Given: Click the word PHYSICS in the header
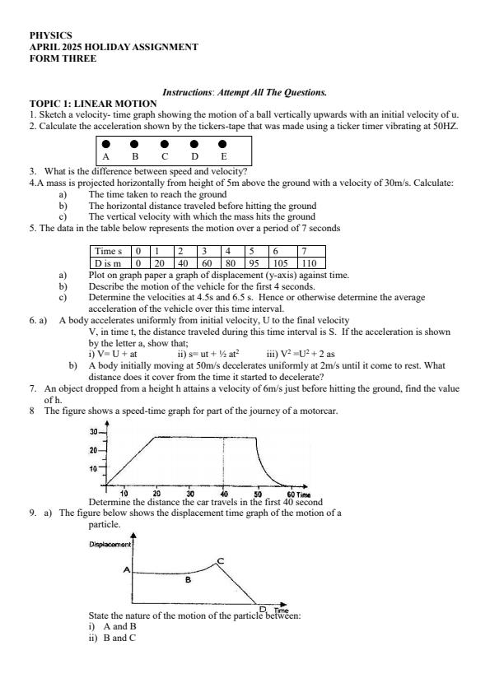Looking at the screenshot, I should point(50,36).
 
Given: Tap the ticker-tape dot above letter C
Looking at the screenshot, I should point(165,143).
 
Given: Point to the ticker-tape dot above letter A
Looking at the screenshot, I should point(105,143).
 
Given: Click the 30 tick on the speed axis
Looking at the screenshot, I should point(93,431).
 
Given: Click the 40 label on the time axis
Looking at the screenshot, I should point(224,493).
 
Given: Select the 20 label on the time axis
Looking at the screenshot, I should point(156,493).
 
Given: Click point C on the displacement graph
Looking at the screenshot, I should point(220,560).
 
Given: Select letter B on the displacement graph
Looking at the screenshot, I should point(188,580).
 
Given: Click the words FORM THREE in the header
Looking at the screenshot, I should point(63,58).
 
